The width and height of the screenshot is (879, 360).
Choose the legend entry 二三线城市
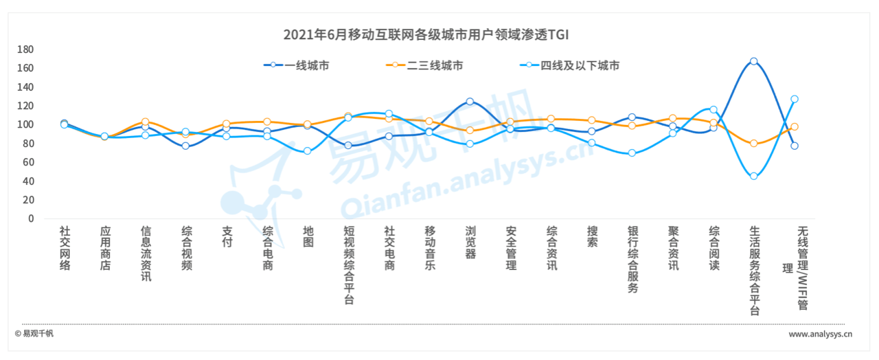tap(434, 65)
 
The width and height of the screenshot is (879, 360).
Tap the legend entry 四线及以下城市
tap(580, 65)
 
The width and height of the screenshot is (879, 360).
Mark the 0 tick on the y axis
tap(30, 218)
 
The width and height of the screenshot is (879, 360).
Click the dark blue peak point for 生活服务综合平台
tap(753, 61)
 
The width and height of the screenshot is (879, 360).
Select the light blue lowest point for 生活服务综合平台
tap(753, 176)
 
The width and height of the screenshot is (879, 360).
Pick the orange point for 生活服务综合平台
tap(753, 144)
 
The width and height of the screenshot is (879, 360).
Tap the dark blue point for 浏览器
tap(470, 101)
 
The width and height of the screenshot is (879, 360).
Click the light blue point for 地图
tap(307, 151)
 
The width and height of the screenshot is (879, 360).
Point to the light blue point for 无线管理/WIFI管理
tap(794, 99)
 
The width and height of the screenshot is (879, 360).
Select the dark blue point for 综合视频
tap(185, 146)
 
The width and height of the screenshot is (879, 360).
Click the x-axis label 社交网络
tap(65, 248)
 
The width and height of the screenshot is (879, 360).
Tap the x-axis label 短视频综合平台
tap(349, 265)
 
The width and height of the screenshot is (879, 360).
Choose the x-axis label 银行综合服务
tap(632, 260)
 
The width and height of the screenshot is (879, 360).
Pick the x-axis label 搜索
tap(592, 237)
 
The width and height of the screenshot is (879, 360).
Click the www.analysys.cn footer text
tap(820, 335)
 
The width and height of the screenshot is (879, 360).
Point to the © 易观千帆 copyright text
tap(34, 334)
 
